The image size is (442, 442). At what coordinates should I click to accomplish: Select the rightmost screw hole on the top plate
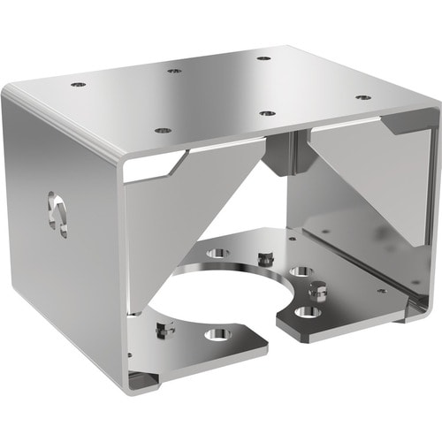(362, 97)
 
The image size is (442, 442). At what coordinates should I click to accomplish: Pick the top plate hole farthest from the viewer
(263, 58)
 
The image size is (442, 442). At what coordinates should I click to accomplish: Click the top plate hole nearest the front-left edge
(163, 130)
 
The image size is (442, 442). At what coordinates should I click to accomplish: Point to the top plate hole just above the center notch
(265, 112)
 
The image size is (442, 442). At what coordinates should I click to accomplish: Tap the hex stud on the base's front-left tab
(161, 329)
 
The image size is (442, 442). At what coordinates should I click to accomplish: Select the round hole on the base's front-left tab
(217, 334)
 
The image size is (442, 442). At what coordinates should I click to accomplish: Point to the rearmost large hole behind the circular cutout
(217, 253)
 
